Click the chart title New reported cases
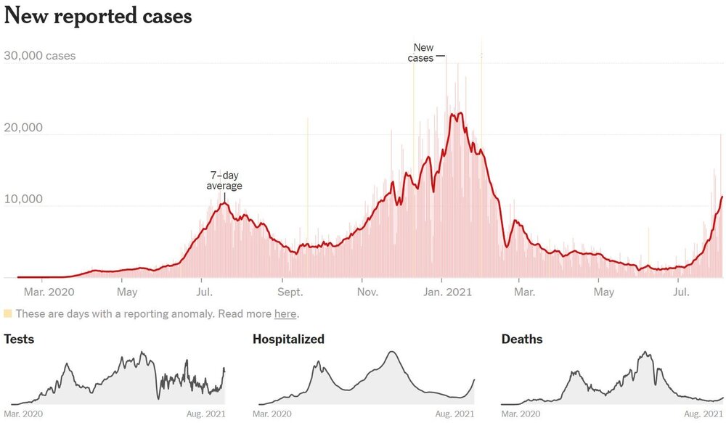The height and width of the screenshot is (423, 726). tap(98, 16)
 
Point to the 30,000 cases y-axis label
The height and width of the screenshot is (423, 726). tap(39, 56)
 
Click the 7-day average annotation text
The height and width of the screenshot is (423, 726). tap(224, 181)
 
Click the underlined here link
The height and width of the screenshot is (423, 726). tap(285, 314)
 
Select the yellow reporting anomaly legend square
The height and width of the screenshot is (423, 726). tap(8, 314)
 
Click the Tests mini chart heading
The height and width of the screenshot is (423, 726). tap(19, 339)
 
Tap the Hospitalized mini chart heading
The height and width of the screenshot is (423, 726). tap(288, 339)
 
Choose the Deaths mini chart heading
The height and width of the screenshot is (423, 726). tap(522, 339)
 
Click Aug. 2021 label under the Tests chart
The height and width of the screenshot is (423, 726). tap(205, 414)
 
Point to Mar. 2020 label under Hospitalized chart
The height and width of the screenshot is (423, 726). tap(272, 414)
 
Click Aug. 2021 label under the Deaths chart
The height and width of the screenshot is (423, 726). tap(703, 414)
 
